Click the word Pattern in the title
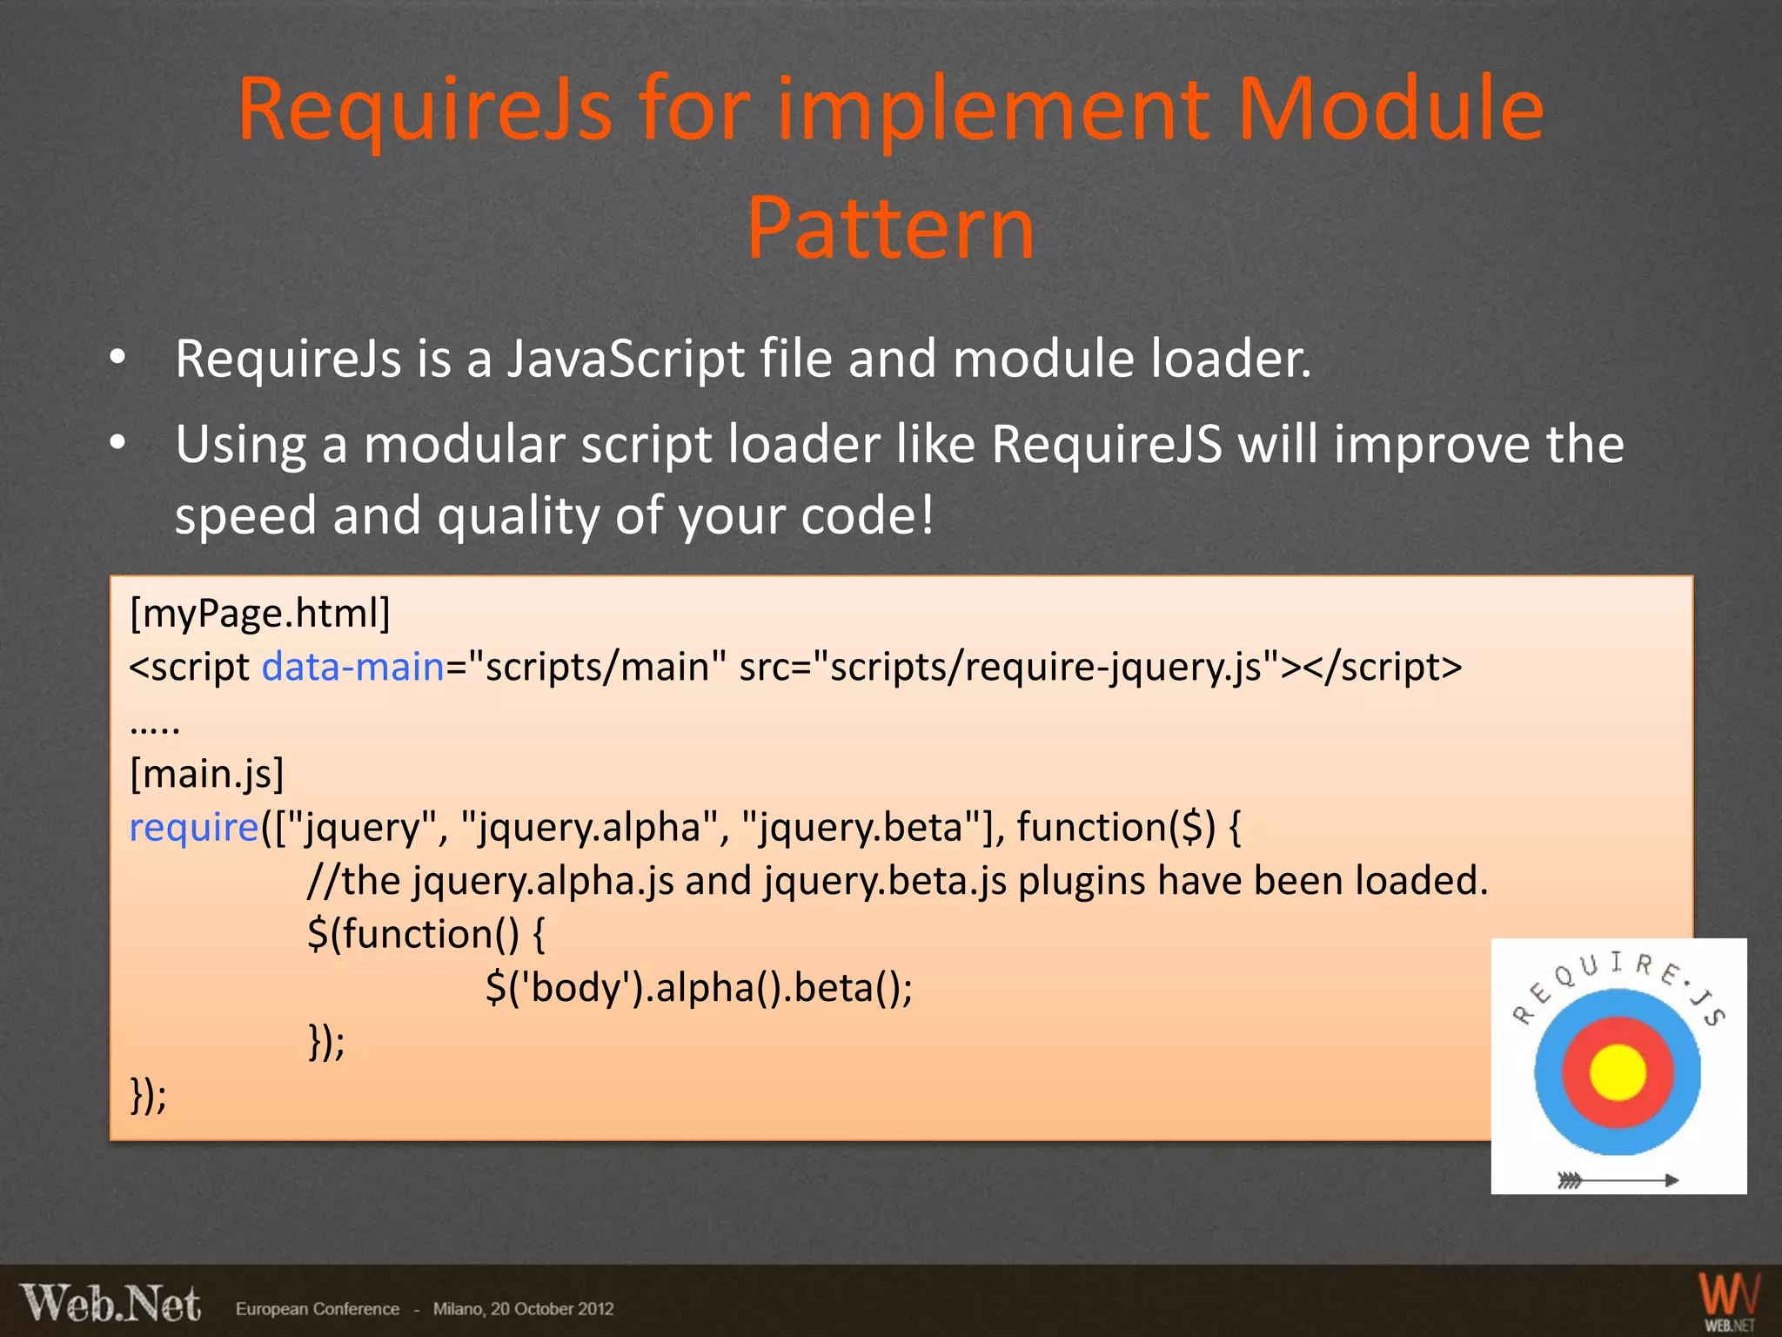click(x=890, y=228)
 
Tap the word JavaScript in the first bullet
click(x=626, y=359)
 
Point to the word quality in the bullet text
click(x=518, y=515)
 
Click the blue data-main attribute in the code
click(x=353, y=667)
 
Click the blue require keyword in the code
click(x=193, y=827)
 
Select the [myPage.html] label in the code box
click(x=259, y=613)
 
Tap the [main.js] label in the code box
click(x=206, y=773)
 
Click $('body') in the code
click(x=564, y=987)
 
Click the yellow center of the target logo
click(x=1618, y=1072)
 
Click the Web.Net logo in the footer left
click(x=111, y=1304)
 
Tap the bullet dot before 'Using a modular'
click(x=117, y=443)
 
